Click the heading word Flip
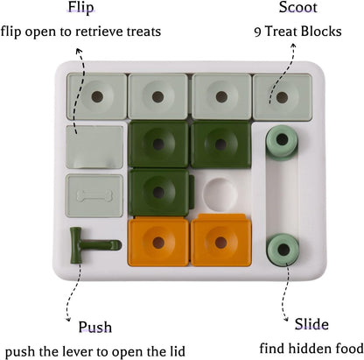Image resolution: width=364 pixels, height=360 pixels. [x=82, y=10]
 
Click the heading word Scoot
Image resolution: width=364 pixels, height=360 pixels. [x=298, y=10]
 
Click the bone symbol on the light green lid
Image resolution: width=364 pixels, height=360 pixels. [x=94, y=196]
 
